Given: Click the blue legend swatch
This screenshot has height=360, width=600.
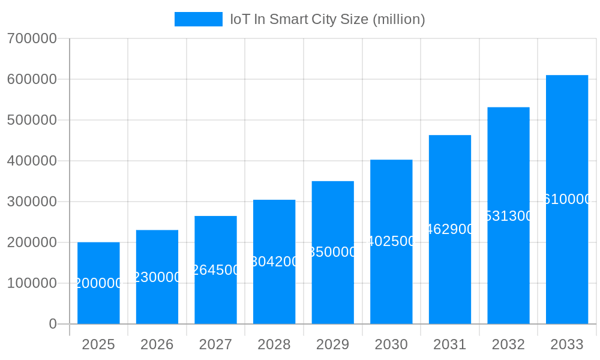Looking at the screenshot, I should click(x=198, y=19).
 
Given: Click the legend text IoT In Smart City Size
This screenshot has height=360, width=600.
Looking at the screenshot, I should click(x=328, y=19).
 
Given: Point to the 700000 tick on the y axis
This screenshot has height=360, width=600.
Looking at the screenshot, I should click(x=32, y=38).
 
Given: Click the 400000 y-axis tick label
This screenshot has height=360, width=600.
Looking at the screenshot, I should click(x=32, y=161).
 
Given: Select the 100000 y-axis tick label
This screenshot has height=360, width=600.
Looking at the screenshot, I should click(x=32, y=283).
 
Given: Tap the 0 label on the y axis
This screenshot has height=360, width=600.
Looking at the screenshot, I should click(x=53, y=324).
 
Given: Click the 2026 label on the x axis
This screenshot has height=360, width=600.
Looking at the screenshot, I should click(x=157, y=344).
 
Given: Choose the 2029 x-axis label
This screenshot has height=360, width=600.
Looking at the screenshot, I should click(x=332, y=344).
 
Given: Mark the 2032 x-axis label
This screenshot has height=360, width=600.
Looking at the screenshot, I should click(x=508, y=344).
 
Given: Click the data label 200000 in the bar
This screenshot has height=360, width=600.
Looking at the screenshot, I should click(x=98, y=283).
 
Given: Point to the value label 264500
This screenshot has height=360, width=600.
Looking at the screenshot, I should click(x=215, y=270).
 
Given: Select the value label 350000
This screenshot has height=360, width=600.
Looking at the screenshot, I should click(x=332, y=252).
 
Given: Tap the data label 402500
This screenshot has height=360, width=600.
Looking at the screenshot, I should click(x=391, y=241).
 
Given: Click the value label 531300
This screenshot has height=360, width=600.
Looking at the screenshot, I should click(x=508, y=216).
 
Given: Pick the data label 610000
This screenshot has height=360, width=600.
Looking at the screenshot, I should click(x=567, y=199).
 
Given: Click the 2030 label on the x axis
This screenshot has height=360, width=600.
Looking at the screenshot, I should click(x=391, y=344).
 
